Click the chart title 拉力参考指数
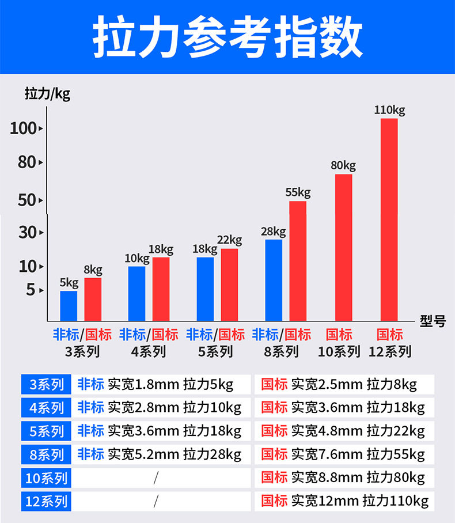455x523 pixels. (x=227, y=38)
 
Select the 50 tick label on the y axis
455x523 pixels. (x=26, y=200)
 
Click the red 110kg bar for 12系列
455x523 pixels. (x=389, y=219)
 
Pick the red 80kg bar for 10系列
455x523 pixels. (x=343, y=248)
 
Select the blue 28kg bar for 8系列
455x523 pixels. (x=274, y=280)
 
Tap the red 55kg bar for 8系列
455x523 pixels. (x=298, y=261)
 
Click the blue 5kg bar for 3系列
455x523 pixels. (x=69, y=306)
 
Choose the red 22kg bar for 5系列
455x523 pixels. (x=229, y=285)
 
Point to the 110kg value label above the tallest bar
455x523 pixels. (x=389, y=109)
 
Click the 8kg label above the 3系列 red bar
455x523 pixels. (x=93, y=270)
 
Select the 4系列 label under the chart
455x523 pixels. (x=149, y=351)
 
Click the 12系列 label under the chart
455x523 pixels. (x=390, y=351)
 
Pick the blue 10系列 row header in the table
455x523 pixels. (x=45, y=477)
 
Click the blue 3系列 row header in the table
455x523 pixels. (x=45, y=384)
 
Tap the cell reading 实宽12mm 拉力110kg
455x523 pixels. (x=344, y=501)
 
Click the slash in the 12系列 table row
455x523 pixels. (x=156, y=501)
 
